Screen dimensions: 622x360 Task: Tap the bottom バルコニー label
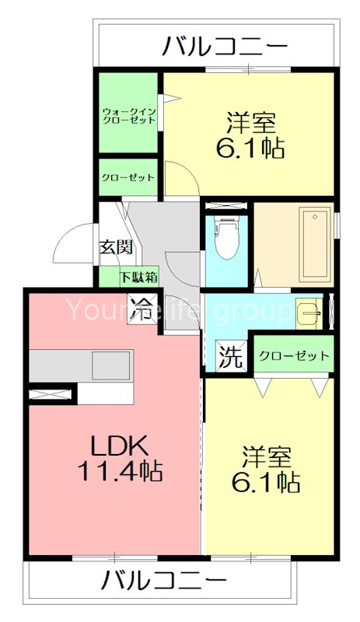point(163,580)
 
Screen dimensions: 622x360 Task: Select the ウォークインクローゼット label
point(128,117)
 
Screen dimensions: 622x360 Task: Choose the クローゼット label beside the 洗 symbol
point(294,356)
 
